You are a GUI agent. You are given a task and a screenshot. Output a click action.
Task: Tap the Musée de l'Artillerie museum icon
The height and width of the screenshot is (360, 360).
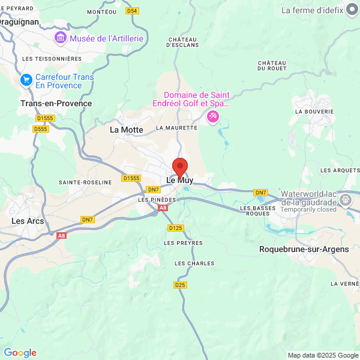pos(61,38)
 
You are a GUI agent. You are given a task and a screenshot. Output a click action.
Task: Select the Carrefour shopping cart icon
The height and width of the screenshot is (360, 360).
pos(26,80)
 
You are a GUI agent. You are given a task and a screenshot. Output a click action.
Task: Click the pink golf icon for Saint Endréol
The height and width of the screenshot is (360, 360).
pos(213,116)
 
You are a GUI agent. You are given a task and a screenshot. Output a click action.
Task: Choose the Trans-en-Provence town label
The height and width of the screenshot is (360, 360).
pos(56,103)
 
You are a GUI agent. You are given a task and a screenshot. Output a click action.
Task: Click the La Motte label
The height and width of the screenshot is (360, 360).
pos(127,130)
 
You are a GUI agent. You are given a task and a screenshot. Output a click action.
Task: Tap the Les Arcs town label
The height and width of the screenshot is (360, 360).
pos(27,221)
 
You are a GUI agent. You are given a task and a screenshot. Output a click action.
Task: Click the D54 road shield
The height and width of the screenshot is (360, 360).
pos(133,11)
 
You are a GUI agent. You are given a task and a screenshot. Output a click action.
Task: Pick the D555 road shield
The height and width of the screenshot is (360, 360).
pos(41,129)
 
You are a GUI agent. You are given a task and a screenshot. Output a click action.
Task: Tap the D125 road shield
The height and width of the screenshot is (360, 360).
pos(175,228)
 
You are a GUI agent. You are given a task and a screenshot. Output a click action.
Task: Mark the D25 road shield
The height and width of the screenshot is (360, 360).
pos(181,285)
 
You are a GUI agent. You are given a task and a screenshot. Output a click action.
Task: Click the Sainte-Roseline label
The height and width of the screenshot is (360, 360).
pos(85,182)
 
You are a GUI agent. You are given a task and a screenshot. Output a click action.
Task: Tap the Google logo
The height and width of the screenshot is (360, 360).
pos(20,353)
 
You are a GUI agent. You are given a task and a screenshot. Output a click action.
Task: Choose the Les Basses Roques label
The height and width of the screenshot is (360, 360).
pos(255,211)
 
